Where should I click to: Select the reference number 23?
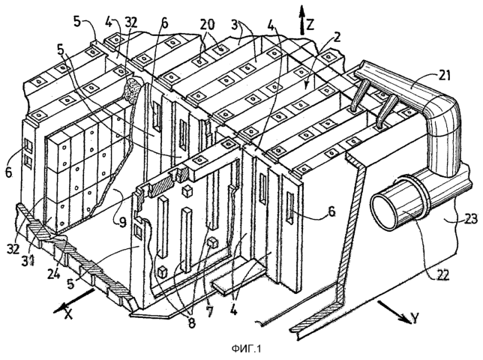coord(469,218)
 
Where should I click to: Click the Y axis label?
coord(415,318)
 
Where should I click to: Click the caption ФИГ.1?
coord(246,349)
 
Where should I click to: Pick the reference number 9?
coord(122,222)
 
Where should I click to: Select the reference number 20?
coord(208,25)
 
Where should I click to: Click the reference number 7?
coord(210,311)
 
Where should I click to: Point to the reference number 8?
coord(191,322)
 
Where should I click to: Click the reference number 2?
coord(337,37)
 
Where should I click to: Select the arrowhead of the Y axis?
coord(405,319)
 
